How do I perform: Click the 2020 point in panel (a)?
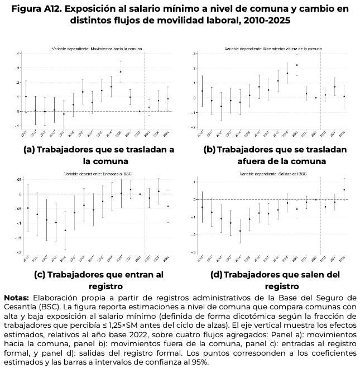point(121,71)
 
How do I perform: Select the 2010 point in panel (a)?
point(26,97)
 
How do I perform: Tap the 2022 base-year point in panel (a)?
point(140,111)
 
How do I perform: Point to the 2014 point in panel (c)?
point(65,230)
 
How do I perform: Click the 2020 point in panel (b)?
point(297,65)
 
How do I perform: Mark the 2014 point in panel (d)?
point(241,231)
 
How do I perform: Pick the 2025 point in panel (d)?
point(344,190)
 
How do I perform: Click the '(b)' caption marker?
point(210,150)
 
